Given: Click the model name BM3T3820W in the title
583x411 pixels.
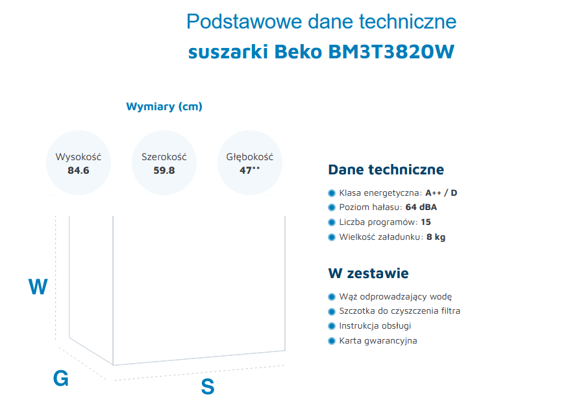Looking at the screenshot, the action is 391,52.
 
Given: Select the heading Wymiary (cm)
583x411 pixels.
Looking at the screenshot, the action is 164,106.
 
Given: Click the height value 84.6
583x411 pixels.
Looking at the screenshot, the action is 79,170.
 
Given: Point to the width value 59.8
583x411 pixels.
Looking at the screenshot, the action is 164,170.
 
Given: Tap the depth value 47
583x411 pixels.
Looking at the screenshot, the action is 245,170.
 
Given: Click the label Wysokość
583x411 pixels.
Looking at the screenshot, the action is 79,157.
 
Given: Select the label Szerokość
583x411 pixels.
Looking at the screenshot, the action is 164,157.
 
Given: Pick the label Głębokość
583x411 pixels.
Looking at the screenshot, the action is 250,157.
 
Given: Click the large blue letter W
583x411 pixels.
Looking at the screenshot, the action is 38,287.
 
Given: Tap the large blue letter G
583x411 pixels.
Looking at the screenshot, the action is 60,379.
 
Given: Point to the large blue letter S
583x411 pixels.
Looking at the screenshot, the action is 208,386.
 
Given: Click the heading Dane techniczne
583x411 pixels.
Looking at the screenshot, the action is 386,170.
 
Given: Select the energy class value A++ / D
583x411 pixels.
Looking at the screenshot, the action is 441,193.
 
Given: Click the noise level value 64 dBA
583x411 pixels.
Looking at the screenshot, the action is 421,207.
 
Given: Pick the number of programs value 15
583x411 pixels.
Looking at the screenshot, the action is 426,222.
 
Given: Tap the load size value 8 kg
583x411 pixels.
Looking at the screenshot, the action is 436,237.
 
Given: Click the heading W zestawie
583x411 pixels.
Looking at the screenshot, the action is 369,274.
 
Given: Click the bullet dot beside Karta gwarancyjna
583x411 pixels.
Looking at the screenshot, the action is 332,341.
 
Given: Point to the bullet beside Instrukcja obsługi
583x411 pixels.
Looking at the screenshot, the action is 332,326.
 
